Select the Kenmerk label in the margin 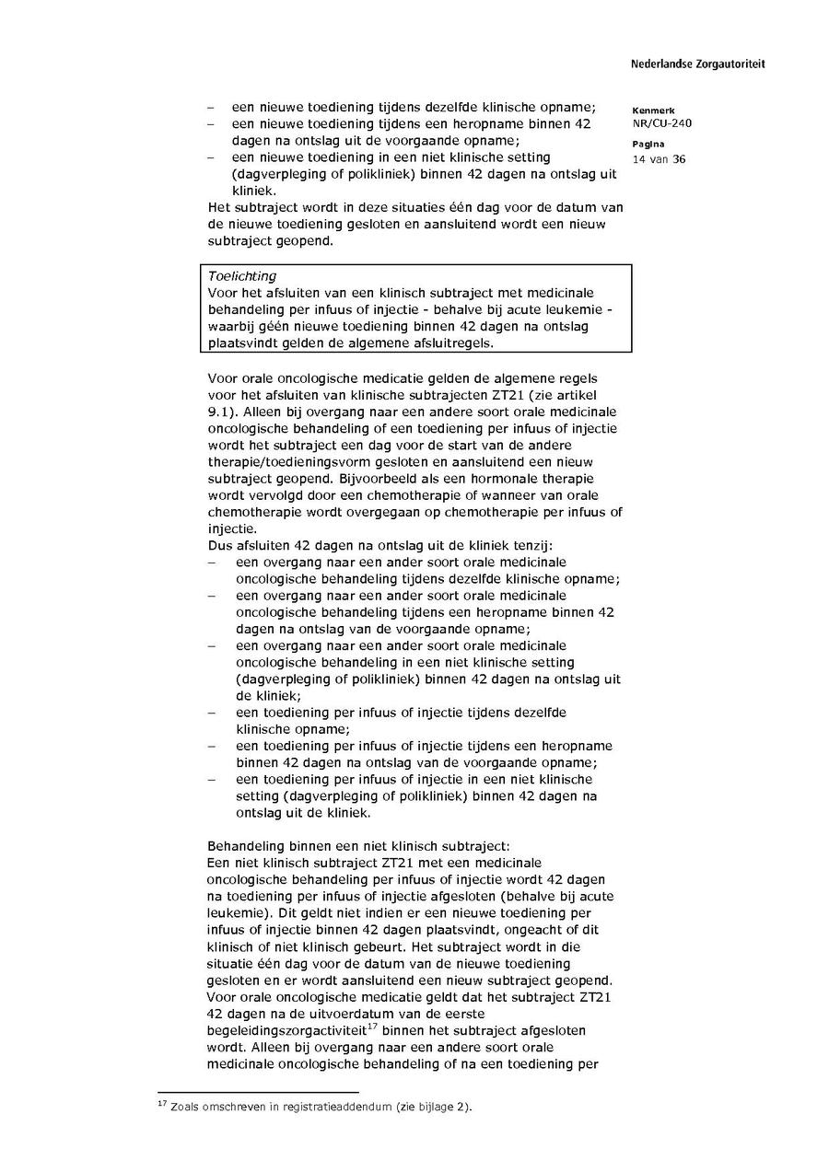pos(654,110)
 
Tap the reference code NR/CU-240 pos(662,123)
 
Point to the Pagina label pos(648,145)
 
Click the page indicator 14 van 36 pos(659,159)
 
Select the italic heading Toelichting pos(242,276)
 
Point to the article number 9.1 pos(221,412)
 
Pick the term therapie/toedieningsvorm pos(289,462)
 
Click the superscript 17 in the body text pos(371,1027)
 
